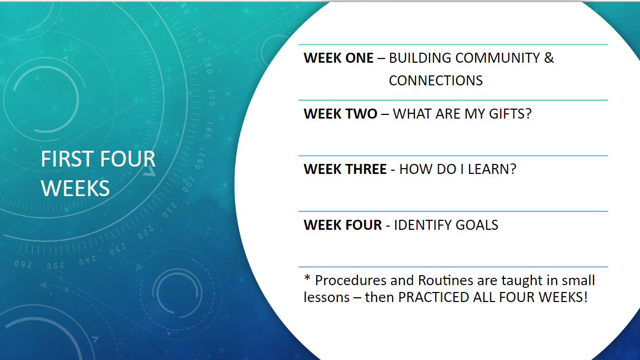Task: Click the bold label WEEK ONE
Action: pyautogui.click(x=338, y=58)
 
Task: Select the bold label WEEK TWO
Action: pyautogui.click(x=340, y=114)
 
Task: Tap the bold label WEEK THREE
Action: pyautogui.click(x=345, y=169)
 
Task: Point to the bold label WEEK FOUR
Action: pyautogui.click(x=343, y=225)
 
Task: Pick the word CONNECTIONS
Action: pyautogui.click(x=435, y=81)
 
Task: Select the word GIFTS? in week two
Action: pyautogui.click(x=510, y=114)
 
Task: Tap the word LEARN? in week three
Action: pyautogui.click(x=492, y=169)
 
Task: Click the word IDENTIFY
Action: pyautogui.click(x=423, y=225)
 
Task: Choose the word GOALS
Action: pyautogui.click(x=477, y=225)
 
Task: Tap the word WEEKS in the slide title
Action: pyautogui.click(x=75, y=188)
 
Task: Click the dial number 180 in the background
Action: pyautogui.click(x=209, y=130)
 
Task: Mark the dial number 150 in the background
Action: pyautogui.click(x=198, y=35)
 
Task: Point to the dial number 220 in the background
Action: pyautogui.click(x=146, y=232)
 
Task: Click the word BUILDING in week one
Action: pyautogui.click(x=420, y=58)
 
